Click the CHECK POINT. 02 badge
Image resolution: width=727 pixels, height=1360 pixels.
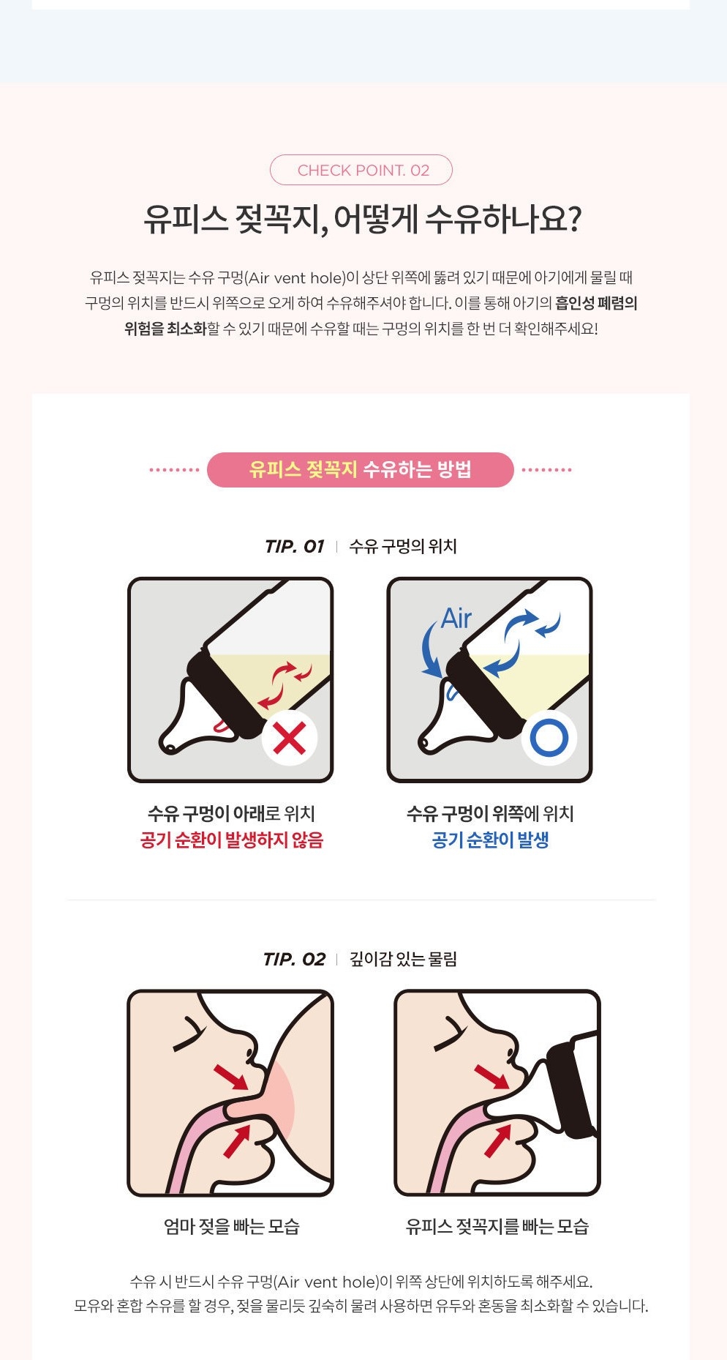tap(361, 170)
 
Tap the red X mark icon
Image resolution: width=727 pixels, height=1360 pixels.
tap(289, 737)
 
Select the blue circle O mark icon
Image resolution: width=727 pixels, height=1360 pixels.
tap(549, 737)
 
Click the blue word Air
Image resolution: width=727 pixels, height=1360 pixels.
tap(456, 619)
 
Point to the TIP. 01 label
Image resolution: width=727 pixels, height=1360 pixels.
tap(294, 547)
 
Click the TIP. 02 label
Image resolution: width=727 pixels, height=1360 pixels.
tap(294, 960)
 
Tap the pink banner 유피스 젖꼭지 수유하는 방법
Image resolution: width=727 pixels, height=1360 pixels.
tap(361, 470)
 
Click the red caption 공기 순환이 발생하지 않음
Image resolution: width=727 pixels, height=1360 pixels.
tap(232, 840)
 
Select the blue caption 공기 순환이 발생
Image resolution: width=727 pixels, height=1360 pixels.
tap(490, 840)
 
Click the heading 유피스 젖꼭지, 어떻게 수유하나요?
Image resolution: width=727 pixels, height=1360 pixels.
tap(363, 219)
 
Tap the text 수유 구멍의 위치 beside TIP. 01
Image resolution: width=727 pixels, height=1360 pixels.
tap(403, 547)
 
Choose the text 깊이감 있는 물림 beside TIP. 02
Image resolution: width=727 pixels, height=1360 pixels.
tap(404, 960)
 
